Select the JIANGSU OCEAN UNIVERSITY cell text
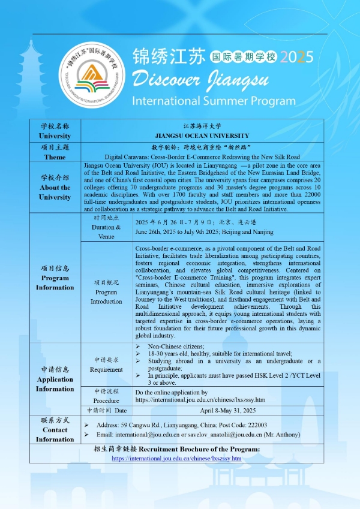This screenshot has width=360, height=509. point(202,136)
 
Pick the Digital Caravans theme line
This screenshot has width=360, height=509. point(202,156)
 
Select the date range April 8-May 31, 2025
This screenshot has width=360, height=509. point(229,411)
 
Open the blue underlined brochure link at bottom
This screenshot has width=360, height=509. point(176,459)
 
